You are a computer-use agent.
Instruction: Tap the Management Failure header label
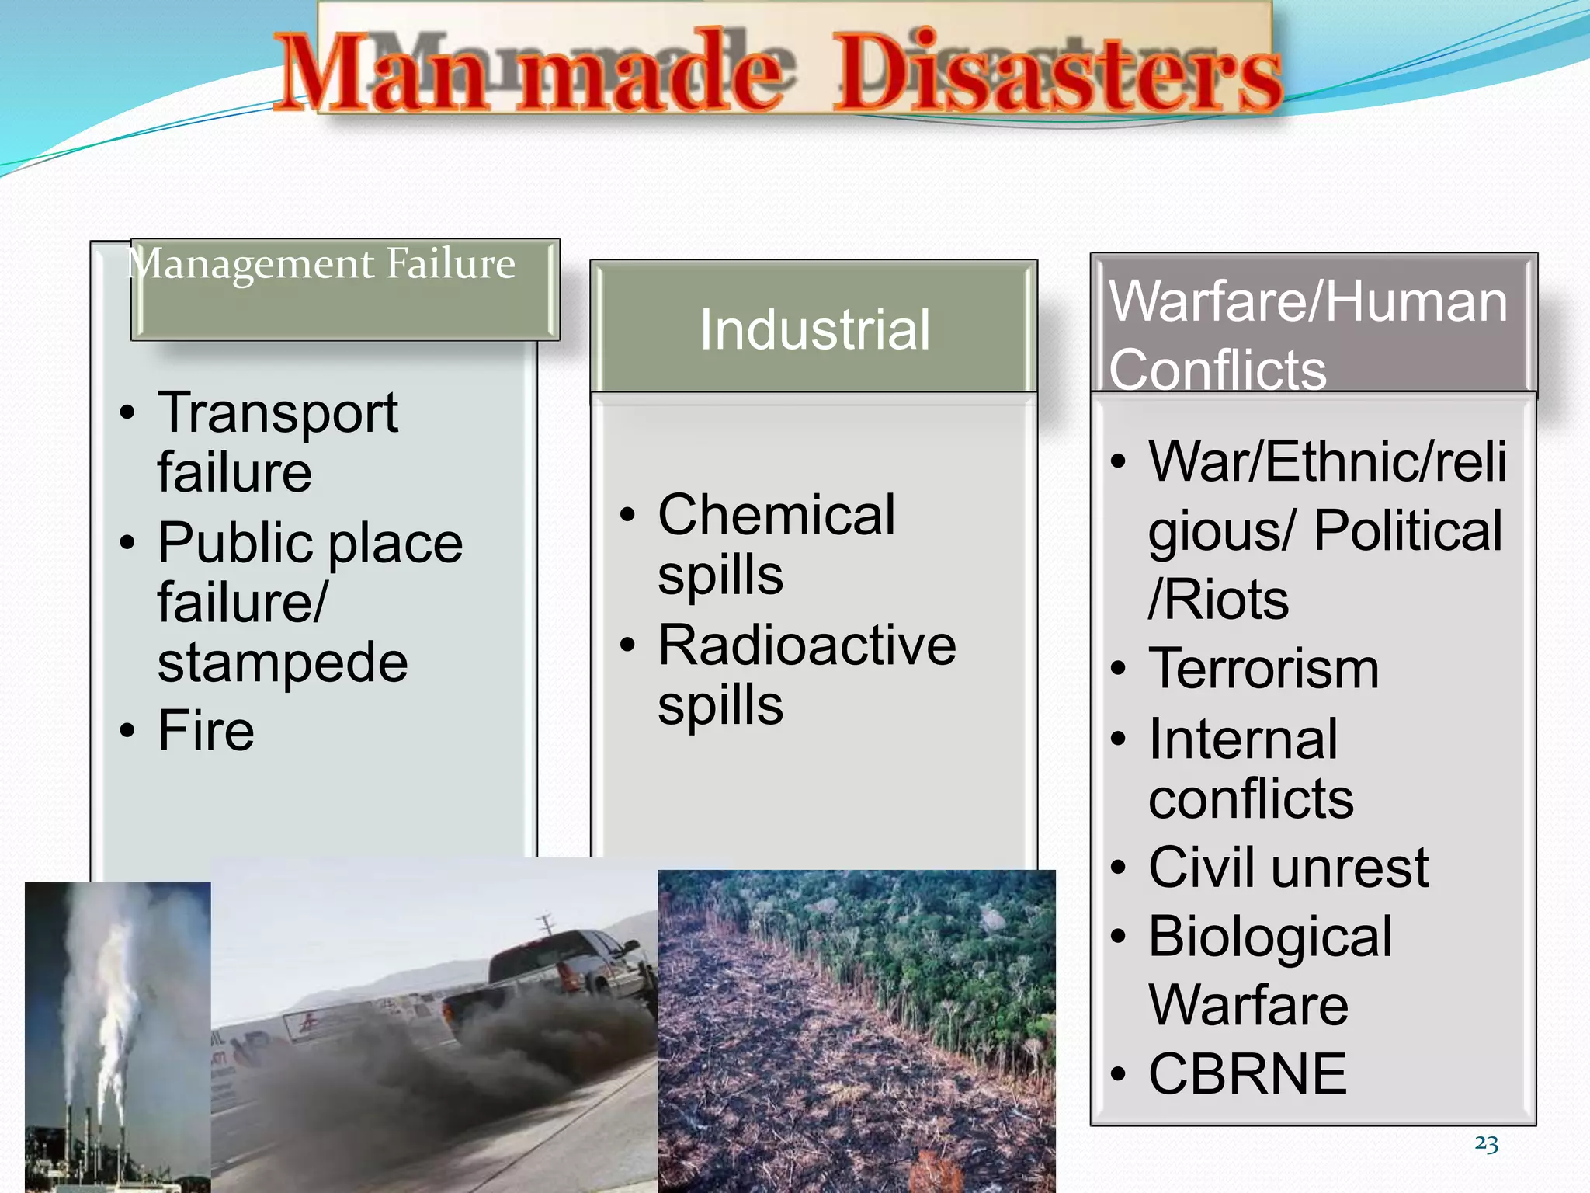[x=321, y=264]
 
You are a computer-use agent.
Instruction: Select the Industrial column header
[x=814, y=329]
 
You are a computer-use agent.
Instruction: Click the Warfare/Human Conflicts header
[x=1307, y=334]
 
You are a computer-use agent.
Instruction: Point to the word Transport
[x=278, y=413]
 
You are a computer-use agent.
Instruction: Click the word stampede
[x=283, y=663]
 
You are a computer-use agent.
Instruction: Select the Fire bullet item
[x=206, y=731]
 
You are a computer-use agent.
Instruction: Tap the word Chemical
[x=776, y=515]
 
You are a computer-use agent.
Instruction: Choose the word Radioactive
[x=807, y=645]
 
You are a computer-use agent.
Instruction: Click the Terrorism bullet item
[x=1263, y=669]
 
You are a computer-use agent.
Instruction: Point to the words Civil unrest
[x=1288, y=868]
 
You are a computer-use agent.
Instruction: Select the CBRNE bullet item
[x=1247, y=1074]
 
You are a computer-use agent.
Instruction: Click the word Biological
[x=1270, y=937]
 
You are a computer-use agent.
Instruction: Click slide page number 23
[x=1486, y=1144]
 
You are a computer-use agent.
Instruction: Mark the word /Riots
[x=1218, y=600]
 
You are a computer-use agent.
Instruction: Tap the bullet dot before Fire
[x=128, y=731]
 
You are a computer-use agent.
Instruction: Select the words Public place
[x=310, y=543]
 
